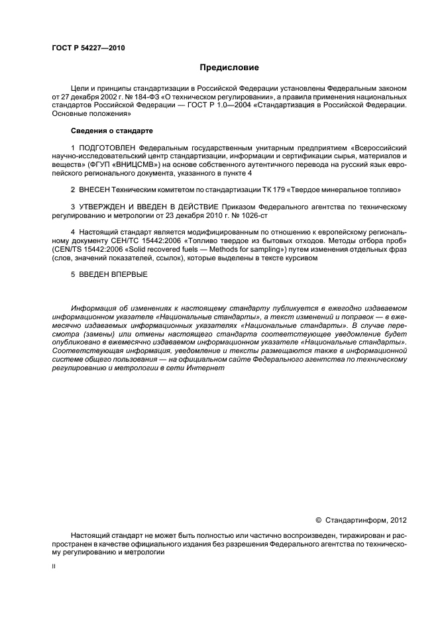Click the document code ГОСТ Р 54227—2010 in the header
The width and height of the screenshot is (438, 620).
pyautogui.click(x=88, y=48)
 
